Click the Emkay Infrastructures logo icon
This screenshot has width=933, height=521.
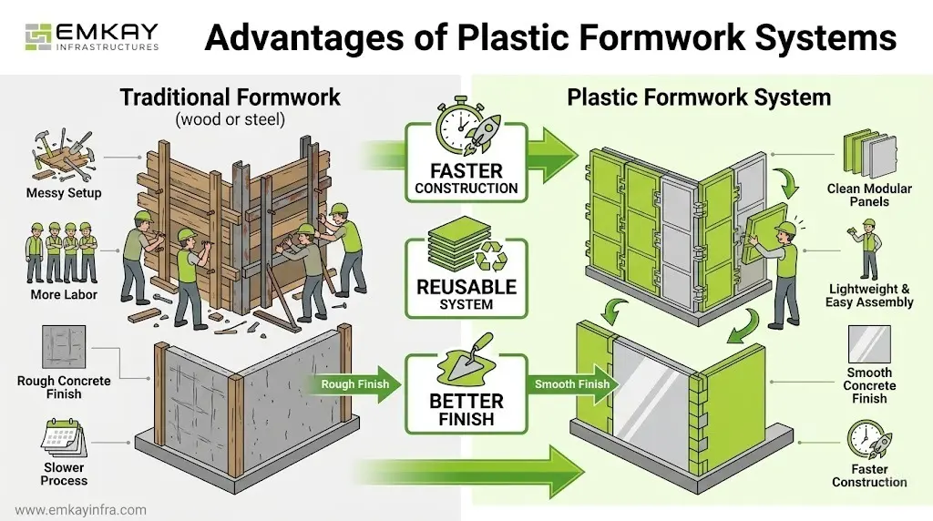tap(36, 36)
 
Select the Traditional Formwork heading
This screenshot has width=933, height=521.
tap(231, 97)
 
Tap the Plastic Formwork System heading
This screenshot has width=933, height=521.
tap(699, 97)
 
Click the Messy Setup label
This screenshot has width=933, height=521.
tap(65, 193)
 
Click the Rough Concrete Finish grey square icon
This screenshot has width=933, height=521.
tap(64, 347)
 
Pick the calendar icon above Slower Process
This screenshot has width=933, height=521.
tap(63, 436)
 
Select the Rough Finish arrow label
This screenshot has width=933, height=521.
tap(354, 384)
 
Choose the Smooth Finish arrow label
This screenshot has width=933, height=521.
tap(572, 384)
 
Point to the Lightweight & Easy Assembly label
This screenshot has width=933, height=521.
tap(869, 295)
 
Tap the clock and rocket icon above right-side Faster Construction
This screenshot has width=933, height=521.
tap(868, 441)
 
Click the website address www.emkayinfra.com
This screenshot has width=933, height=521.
tap(81, 510)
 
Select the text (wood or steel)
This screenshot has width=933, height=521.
tap(230, 119)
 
